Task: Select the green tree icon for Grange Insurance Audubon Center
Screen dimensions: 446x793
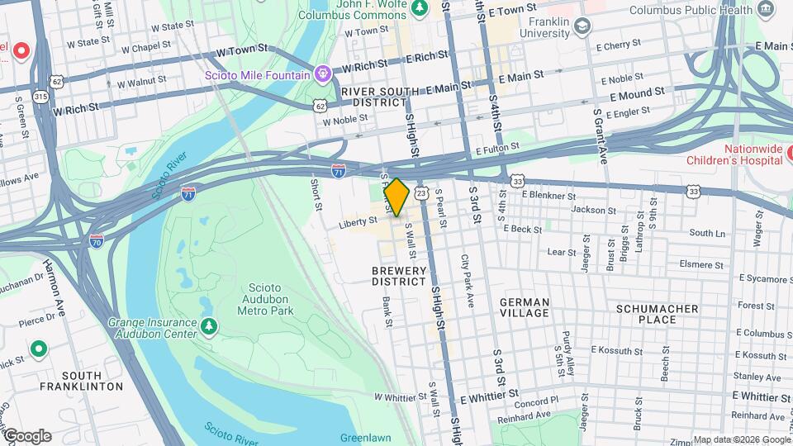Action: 210,327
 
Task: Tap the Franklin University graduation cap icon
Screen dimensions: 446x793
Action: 582,26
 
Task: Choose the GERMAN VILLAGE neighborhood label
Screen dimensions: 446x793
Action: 525,307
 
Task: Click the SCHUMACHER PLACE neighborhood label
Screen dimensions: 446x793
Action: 658,314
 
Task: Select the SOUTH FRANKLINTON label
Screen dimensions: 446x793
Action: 80,380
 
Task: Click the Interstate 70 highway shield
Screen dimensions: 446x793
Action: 97,241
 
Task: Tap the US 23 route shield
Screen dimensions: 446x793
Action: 421,193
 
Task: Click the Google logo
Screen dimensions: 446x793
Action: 26,436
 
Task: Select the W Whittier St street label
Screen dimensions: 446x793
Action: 400,397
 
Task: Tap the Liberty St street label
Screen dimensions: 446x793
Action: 357,221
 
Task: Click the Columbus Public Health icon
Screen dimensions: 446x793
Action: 767,10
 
